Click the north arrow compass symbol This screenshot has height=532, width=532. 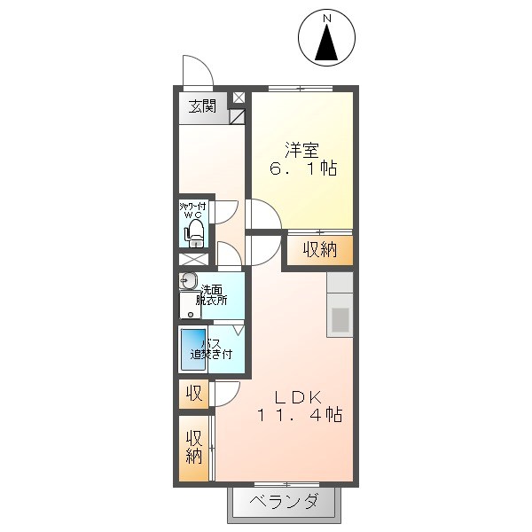click(x=327, y=39)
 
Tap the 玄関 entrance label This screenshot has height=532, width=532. click(x=201, y=107)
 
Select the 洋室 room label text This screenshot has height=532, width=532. click(x=301, y=148)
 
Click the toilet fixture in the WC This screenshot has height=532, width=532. click(x=195, y=232)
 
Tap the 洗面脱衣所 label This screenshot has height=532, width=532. click(x=212, y=294)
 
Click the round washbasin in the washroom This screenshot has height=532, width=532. click(x=187, y=282)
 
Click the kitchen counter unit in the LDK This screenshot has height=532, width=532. click(x=340, y=304)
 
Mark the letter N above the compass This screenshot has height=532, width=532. click(x=327, y=18)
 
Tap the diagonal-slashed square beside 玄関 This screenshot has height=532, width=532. click(x=238, y=115)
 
